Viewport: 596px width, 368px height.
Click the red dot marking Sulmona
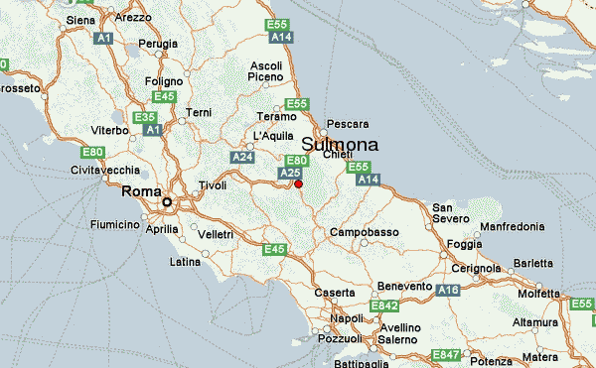click(x=298, y=184)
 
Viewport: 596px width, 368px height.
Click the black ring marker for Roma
click(x=167, y=202)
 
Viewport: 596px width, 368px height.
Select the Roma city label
click(x=140, y=191)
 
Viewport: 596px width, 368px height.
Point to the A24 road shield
click(x=241, y=157)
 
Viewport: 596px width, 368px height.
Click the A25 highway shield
click(x=290, y=173)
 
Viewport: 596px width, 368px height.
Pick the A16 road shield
click(x=448, y=290)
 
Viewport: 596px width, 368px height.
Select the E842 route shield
click(x=383, y=307)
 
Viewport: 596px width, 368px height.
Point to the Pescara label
click(x=348, y=124)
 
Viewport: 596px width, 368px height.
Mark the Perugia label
click(x=157, y=44)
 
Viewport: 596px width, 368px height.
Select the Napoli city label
click(x=347, y=318)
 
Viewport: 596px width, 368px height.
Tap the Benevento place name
click(x=405, y=286)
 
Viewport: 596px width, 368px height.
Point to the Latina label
click(x=185, y=262)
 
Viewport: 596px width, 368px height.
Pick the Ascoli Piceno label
click(x=265, y=71)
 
